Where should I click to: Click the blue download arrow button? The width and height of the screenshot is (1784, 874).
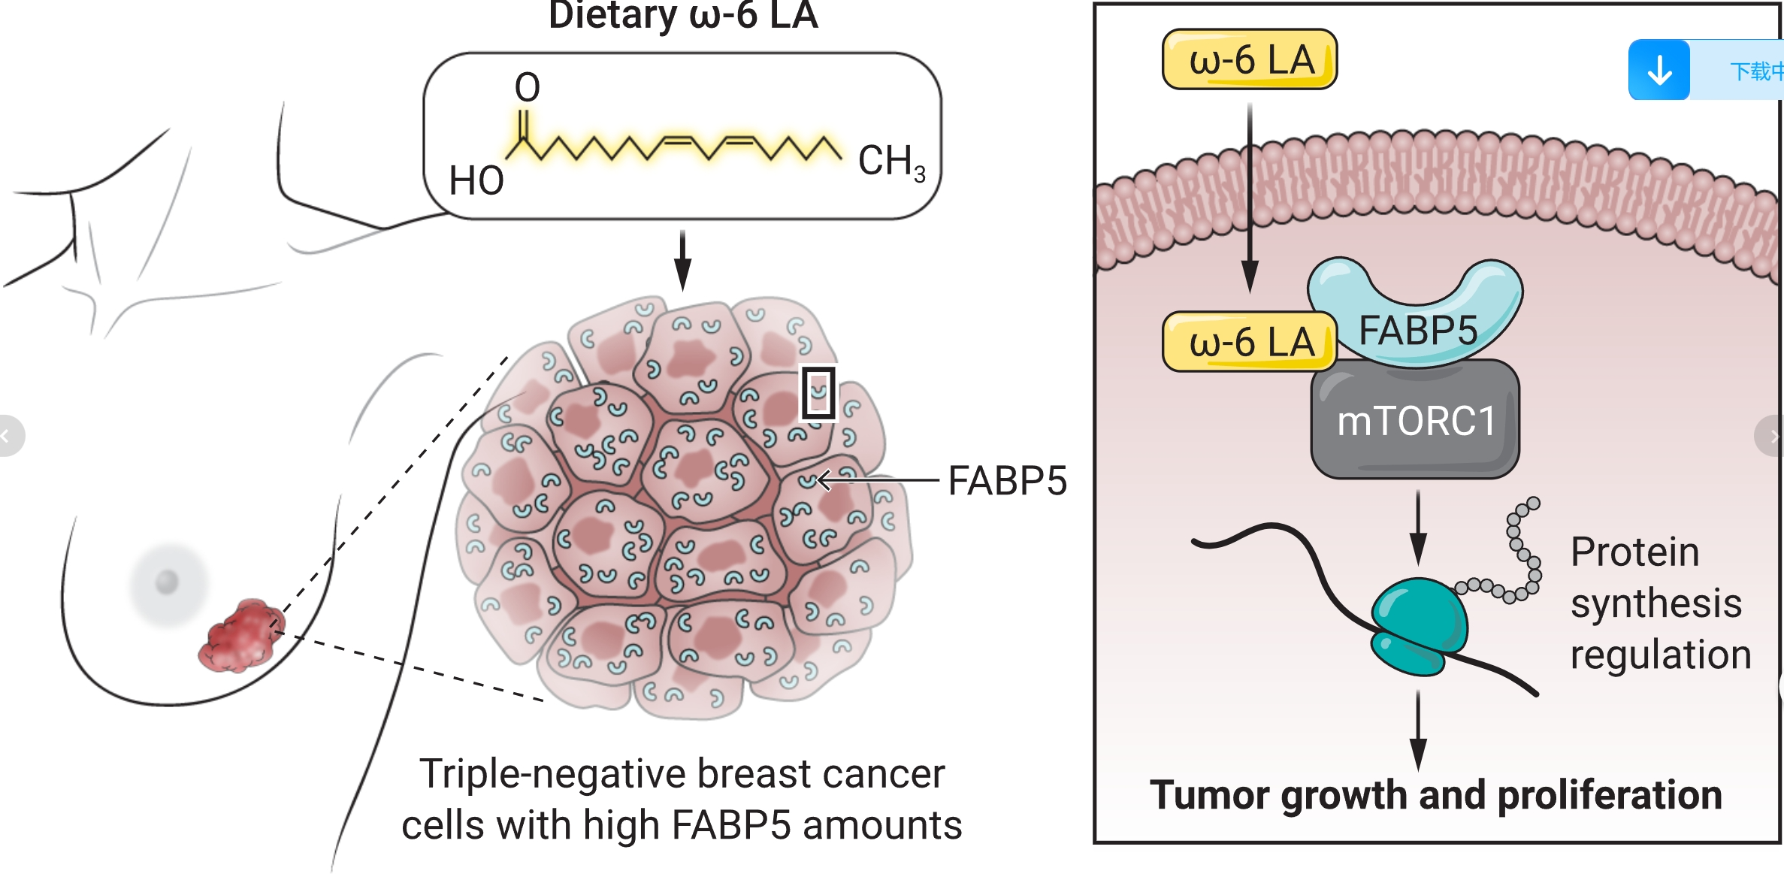tap(1659, 71)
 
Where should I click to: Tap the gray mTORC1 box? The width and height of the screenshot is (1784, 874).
tap(1415, 420)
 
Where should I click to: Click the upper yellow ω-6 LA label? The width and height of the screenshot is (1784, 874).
tap(1250, 59)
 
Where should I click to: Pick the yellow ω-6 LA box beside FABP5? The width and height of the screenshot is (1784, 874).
tap(1250, 342)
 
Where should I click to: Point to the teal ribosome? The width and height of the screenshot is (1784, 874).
tap(1417, 624)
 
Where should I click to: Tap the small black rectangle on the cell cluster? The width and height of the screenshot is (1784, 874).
tap(818, 392)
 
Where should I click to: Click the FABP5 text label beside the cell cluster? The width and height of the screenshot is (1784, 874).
tap(1007, 481)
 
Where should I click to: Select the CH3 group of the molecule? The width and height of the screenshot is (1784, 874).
tap(890, 162)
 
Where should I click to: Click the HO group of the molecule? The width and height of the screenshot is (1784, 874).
tap(476, 181)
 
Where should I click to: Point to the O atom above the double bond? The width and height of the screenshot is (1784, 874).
tap(528, 87)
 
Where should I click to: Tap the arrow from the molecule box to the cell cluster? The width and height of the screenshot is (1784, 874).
tap(682, 260)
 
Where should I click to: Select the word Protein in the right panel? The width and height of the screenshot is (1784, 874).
tap(1634, 552)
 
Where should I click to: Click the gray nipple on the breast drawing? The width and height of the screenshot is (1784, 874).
tap(167, 581)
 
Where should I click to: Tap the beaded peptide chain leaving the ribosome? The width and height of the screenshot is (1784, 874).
tap(1518, 556)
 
